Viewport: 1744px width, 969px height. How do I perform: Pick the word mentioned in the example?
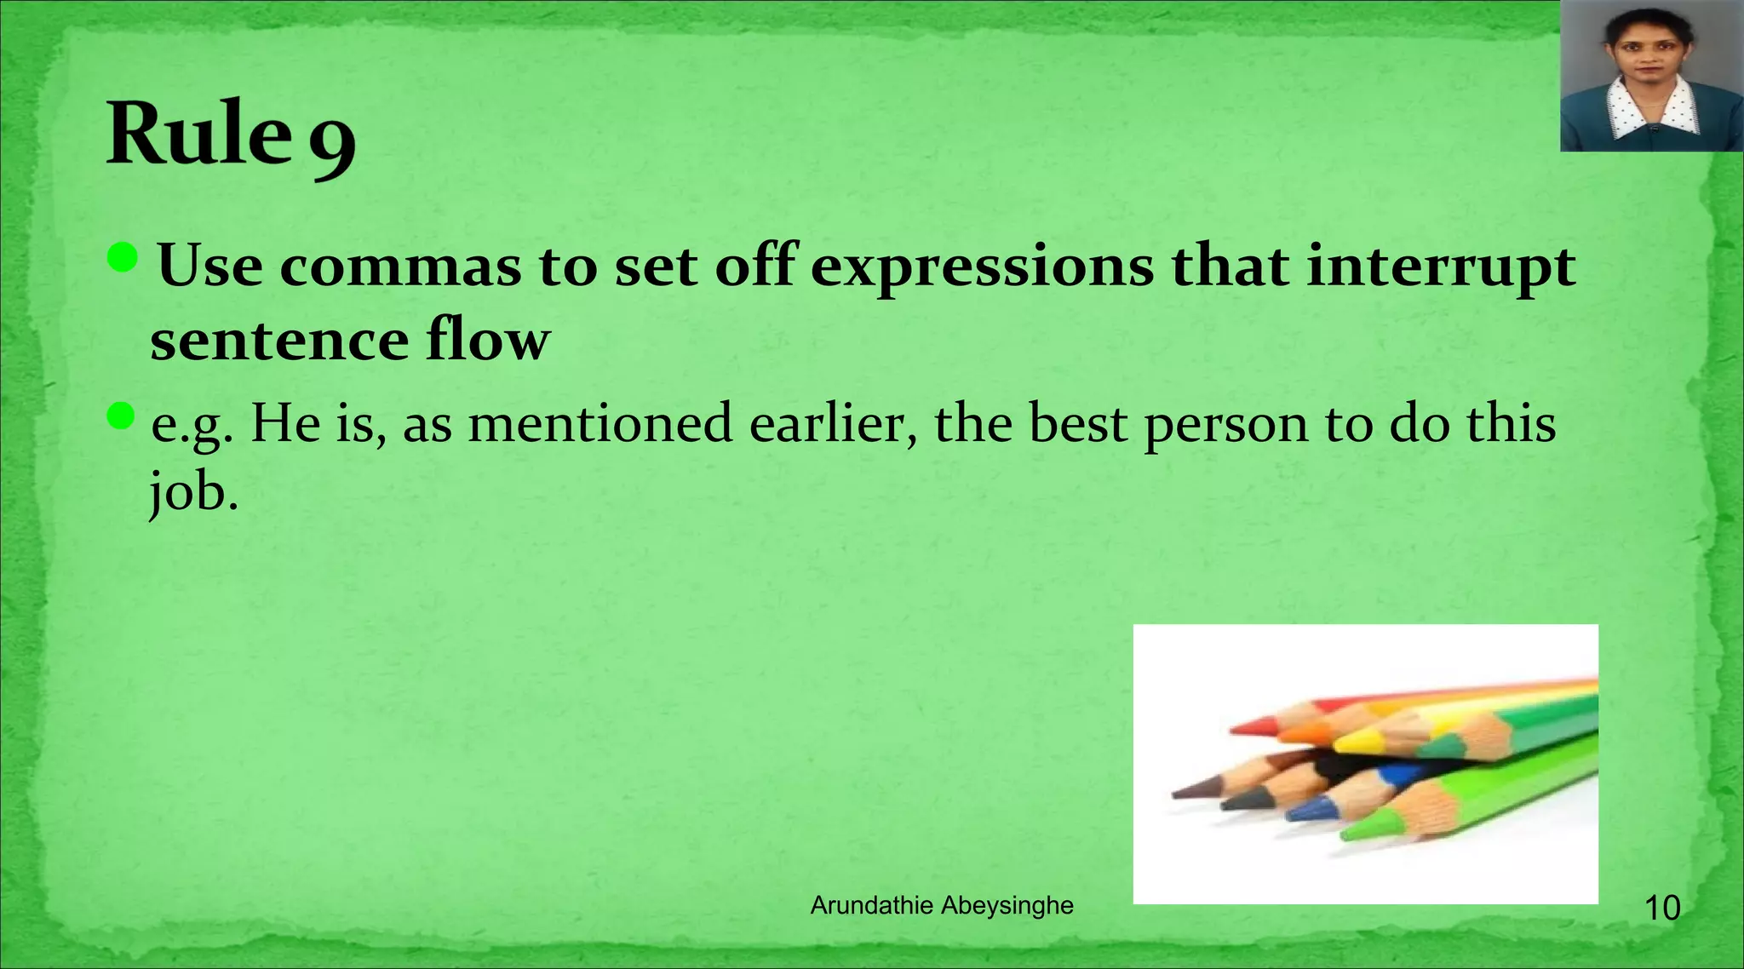pyautogui.click(x=600, y=423)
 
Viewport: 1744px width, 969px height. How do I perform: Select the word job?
pyautogui.click(x=191, y=494)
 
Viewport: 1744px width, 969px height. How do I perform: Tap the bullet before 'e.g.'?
pyautogui.click(x=122, y=416)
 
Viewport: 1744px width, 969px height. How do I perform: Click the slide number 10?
pyautogui.click(x=1661, y=909)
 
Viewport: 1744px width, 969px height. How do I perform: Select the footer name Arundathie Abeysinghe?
pyautogui.click(x=942, y=906)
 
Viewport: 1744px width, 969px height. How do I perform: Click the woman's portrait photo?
pyautogui.click(x=1651, y=77)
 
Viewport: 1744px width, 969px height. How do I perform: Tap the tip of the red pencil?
pyautogui.click(x=1235, y=729)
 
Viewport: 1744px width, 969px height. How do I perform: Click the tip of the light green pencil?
pyautogui.click(x=1345, y=834)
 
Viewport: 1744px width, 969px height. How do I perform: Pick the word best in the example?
pyautogui.click(x=1077, y=423)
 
